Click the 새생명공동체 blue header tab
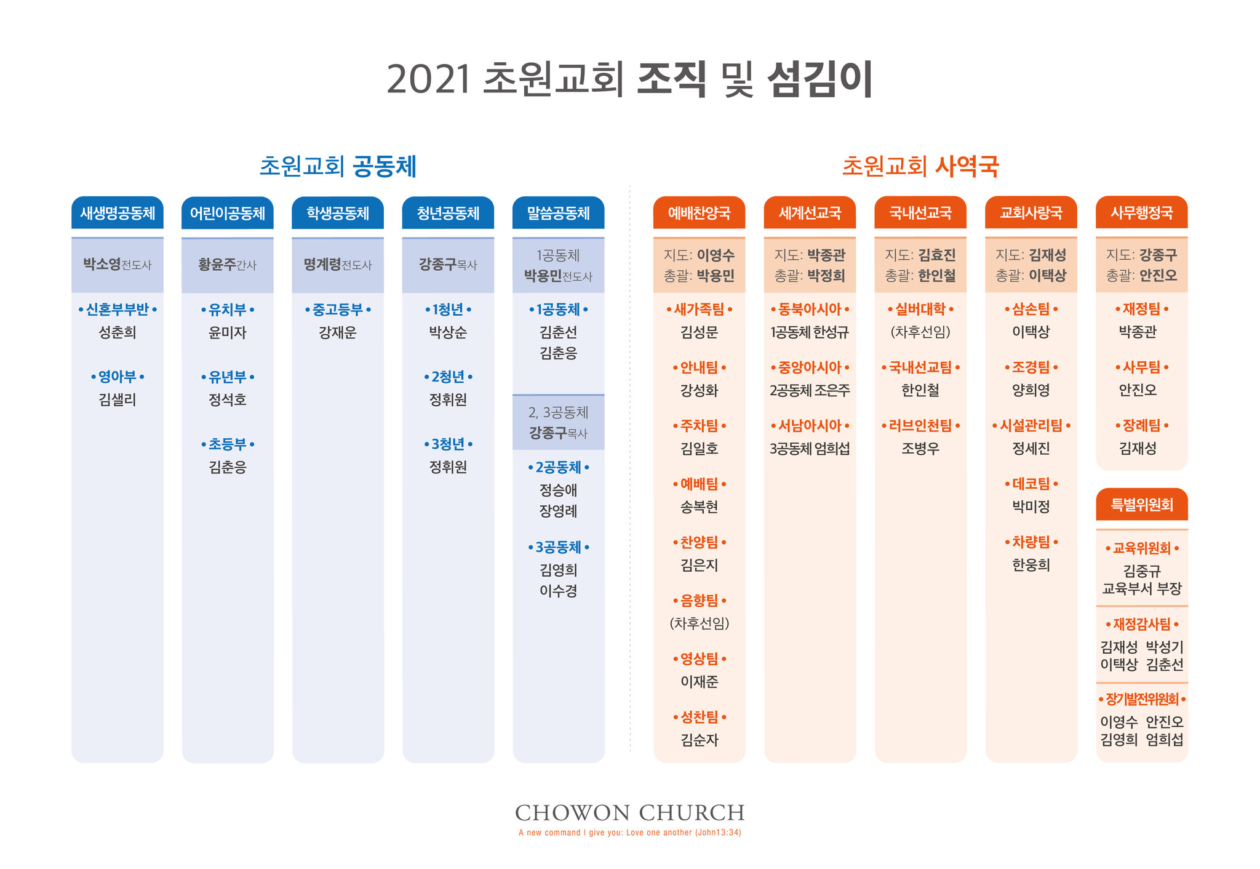click(x=118, y=213)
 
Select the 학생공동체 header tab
click(x=338, y=213)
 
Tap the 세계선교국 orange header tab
click(x=810, y=213)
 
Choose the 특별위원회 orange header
click(x=1142, y=505)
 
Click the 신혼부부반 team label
click(x=118, y=310)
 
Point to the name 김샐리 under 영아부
click(x=118, y=400)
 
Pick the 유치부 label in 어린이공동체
click(x=228, y=310)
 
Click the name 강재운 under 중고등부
click(x=338, y=333)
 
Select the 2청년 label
click(x=448, y=377)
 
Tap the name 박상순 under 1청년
click(x=448, y=333)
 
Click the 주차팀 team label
click(x=700, y=426)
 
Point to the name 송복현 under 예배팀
click(x=700, y=507)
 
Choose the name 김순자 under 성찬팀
click(x=700, y=740)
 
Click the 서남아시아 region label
click(x=810, y=426)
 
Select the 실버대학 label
click(x=920, y=310)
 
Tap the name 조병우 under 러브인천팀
click(x=920, y=449)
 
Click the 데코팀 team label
click(x=1031, y=484)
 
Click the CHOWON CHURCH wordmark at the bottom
click(x=630, y=813)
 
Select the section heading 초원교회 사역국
click(x=920, y=166)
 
